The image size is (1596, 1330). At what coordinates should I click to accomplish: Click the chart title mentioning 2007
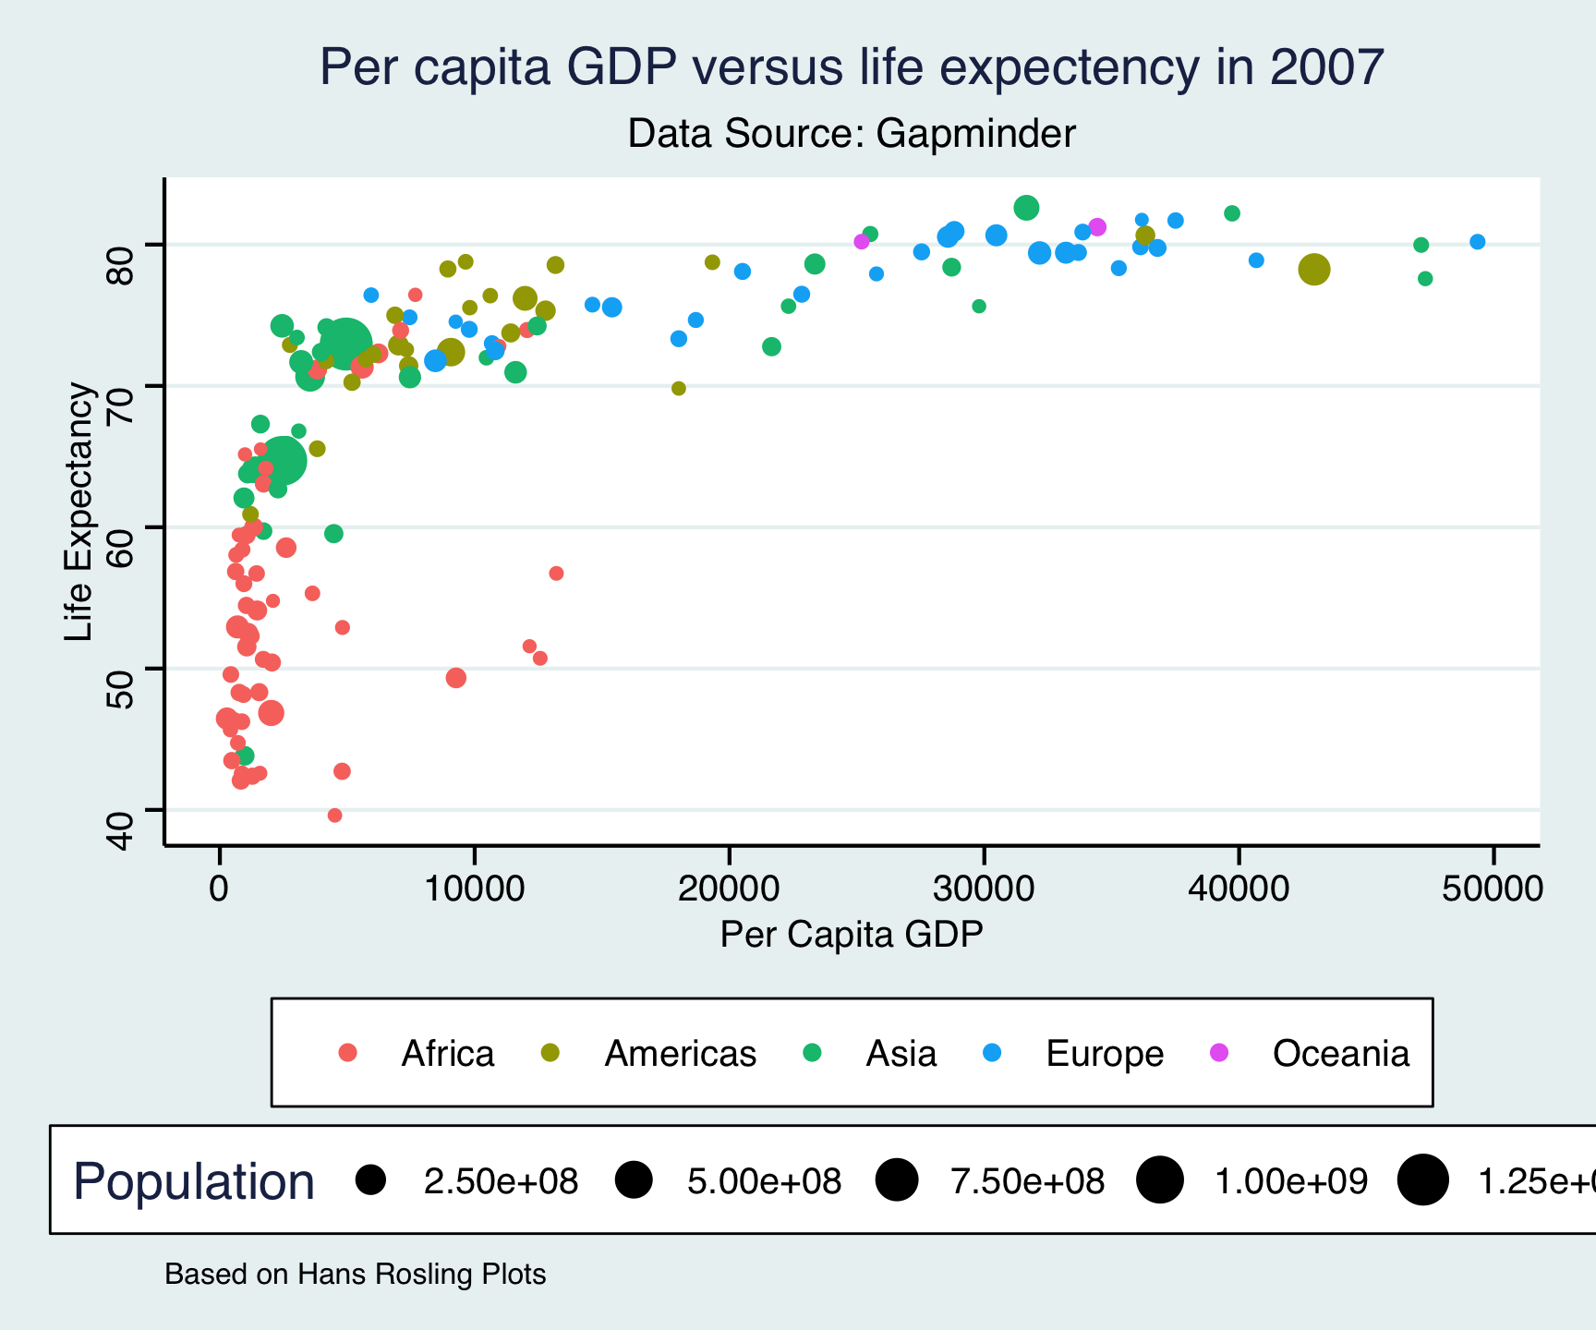(x=851, y=67)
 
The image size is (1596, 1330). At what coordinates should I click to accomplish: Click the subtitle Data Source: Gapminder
(x=851, y=134)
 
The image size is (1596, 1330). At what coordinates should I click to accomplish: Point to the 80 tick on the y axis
(x=121, y=244)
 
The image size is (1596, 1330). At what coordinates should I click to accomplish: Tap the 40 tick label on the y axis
(x=121, y=828)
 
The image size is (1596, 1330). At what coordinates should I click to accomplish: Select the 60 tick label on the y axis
(x=121, y=527)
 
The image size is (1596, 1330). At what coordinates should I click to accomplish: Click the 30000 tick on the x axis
(x=983, y=889)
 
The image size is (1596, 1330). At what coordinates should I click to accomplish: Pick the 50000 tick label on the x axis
(x=1492, y=889)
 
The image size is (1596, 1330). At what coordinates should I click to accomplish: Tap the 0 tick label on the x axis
(x=219, y=889)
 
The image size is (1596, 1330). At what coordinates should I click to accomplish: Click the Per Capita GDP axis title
(x=851, y=935)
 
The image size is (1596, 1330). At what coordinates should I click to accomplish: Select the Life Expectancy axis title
(x=79, y=512)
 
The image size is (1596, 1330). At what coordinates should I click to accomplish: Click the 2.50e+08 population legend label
(x=501, y=1181)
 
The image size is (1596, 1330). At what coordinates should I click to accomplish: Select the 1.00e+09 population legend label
(x=1290, y=1181)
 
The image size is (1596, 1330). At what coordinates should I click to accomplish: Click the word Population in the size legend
(x=194, y=1181)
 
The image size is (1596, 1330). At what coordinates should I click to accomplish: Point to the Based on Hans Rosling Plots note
(x=355, y=1275)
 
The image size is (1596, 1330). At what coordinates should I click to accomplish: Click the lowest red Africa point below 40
(x=334, y=816)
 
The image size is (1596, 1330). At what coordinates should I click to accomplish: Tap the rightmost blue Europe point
(x=1477, y=242)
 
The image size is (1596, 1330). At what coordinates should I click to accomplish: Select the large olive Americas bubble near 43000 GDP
(x=1313, y=270)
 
